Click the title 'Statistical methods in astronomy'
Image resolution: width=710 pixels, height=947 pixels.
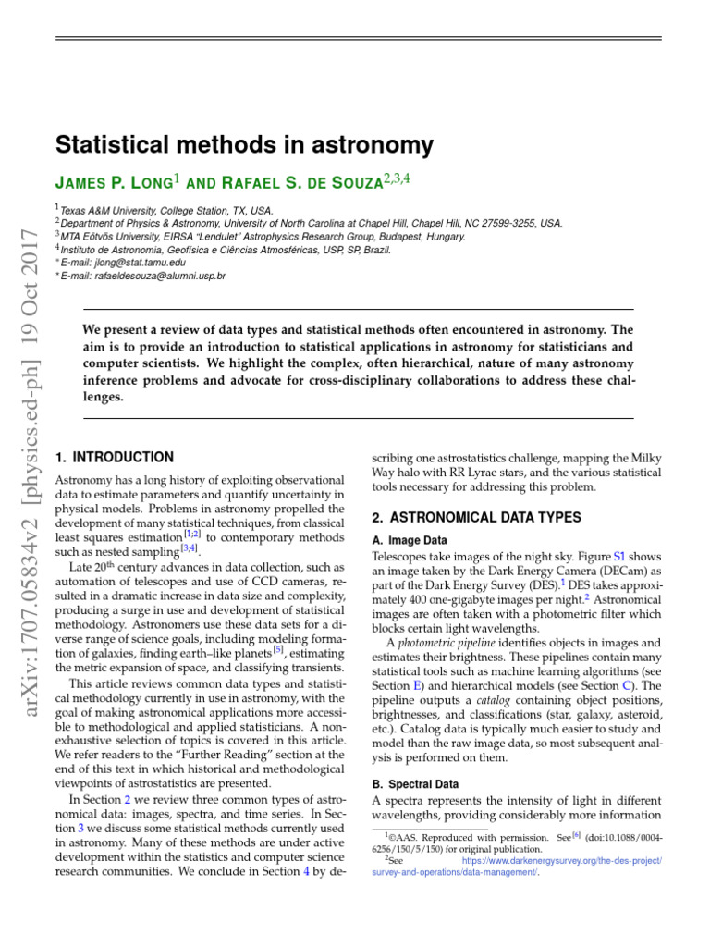244,145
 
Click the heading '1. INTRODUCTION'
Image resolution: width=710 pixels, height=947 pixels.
115,457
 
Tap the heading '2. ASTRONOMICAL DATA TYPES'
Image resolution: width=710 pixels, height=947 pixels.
475,518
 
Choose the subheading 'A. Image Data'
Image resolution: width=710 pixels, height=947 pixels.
410,540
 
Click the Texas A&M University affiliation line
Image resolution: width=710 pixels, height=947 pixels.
166,211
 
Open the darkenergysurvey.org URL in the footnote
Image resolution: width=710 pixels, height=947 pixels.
562,860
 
